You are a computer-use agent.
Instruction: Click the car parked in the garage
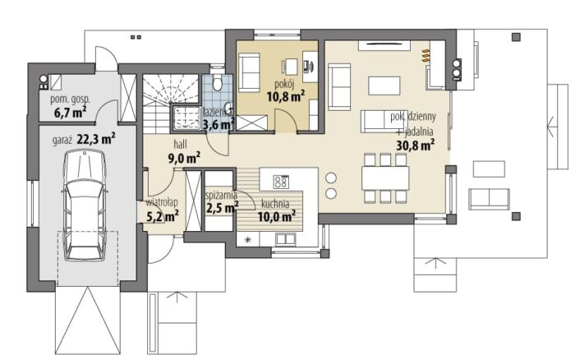(x=85, y=205)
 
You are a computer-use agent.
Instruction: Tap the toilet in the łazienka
(x=218, y=83)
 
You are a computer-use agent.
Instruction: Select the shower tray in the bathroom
(x=186, y=118)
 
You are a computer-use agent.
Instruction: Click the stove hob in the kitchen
(x=281, y=182)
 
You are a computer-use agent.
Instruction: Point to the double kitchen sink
(x=286, y=239)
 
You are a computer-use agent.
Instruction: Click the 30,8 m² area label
(x=416, y=145)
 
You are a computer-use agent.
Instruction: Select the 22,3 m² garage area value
(x=96, y=139)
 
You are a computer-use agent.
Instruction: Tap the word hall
(x=180, y=144)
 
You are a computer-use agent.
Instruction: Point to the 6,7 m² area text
(x=70, y=113)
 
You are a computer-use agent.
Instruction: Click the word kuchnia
(x=275, y=204)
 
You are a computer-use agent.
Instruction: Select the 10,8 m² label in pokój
(x=286, y=97)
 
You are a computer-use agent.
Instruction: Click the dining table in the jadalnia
(x=385, y=178)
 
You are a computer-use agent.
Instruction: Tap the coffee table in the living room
(x=384, y=85)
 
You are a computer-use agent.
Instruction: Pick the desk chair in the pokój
(x=285, y=67)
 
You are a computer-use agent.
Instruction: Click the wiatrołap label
(x=162, y=202)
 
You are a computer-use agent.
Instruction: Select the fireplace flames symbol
(x=425, y=55)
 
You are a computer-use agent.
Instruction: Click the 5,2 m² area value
(x=163, y=216)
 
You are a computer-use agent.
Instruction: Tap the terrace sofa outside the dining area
(x=490, y=199)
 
